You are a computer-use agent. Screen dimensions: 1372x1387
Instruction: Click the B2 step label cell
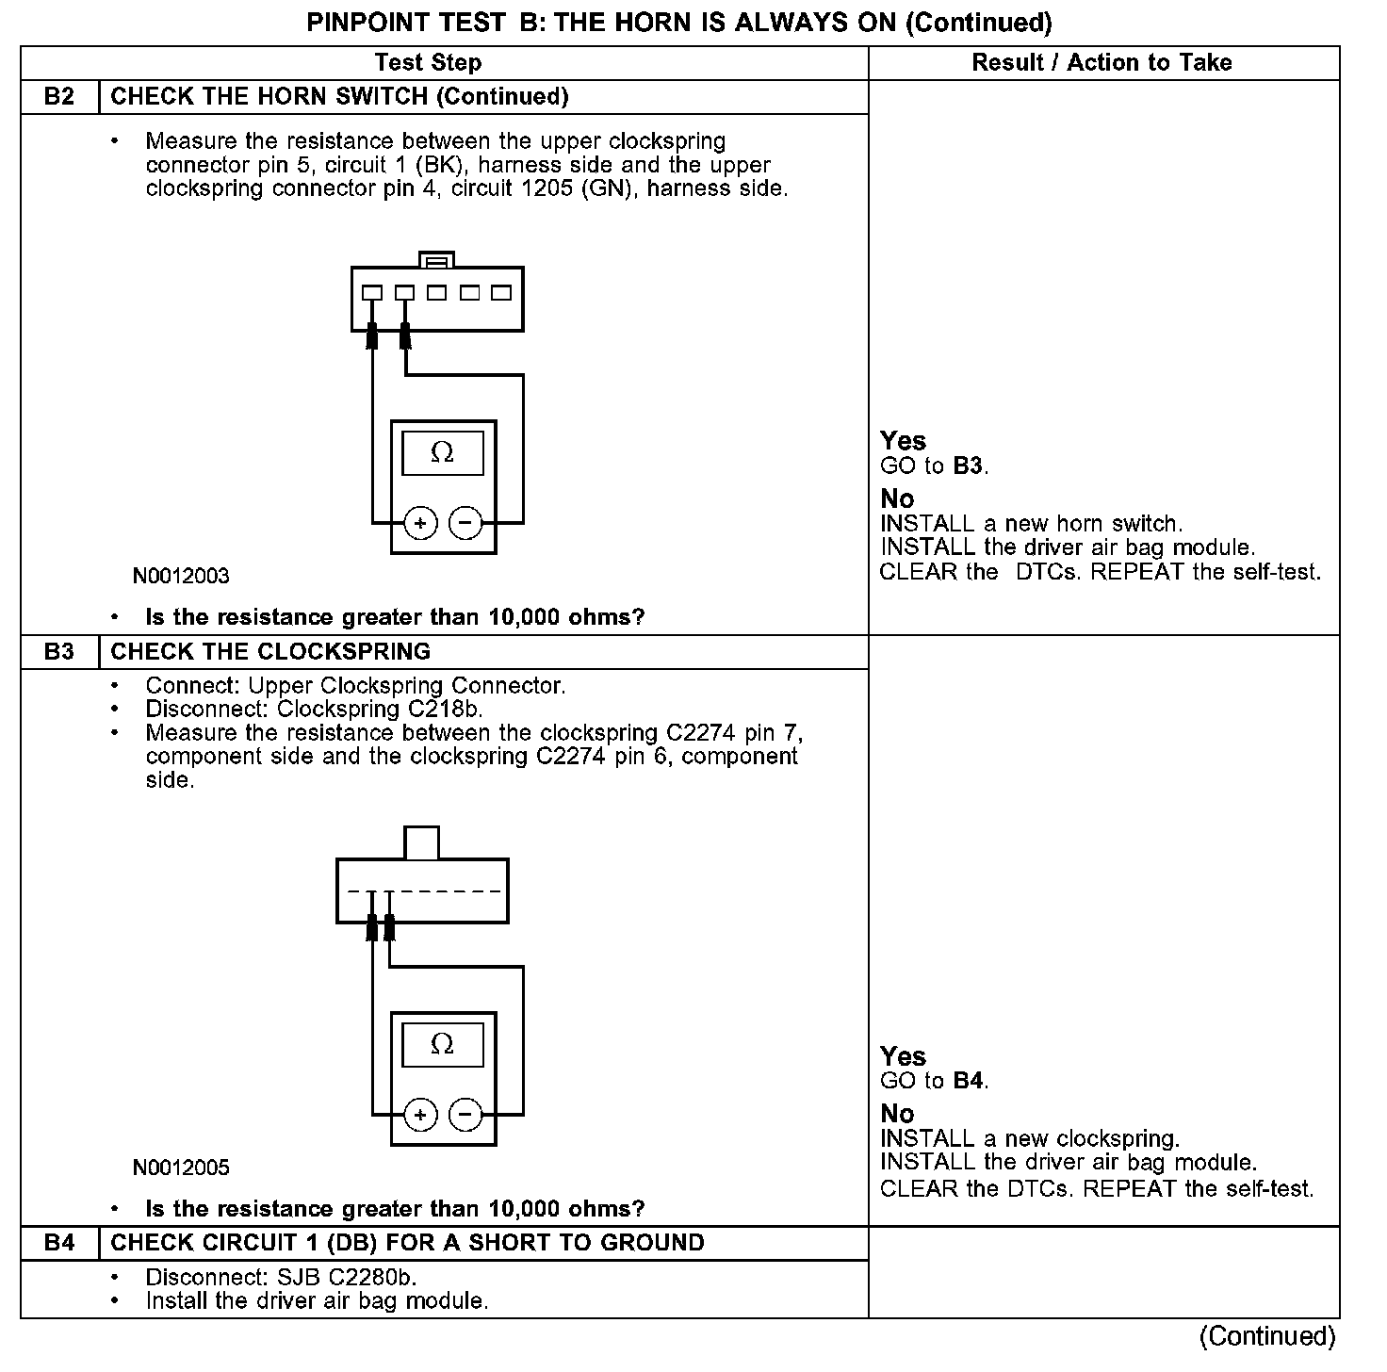click(59, 97)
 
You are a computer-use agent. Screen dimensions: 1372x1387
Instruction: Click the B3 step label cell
click(59, 652)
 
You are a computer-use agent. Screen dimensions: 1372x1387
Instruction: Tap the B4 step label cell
click(59, 1243)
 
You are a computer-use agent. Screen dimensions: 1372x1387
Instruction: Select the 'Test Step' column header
click(428, 63)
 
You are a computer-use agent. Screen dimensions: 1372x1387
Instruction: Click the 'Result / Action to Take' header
click(1101, 63)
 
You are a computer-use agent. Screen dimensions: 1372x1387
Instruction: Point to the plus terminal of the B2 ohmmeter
click(420, 523)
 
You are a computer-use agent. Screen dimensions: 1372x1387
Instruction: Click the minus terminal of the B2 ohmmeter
click(465, 523)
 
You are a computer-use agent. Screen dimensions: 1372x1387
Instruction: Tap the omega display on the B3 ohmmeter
click(442, 1045)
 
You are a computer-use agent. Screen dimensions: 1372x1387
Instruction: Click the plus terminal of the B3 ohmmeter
click(420, 1116)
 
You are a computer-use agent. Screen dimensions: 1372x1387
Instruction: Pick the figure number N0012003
click(181, 576)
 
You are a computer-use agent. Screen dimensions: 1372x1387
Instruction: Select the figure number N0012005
click(181, 1168)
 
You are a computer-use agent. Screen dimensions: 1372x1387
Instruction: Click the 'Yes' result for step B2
click(903, 441)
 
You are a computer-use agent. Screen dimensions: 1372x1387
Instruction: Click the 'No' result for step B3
click(897, 1114)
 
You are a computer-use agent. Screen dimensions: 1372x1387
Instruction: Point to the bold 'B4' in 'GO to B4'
click(969, 1081)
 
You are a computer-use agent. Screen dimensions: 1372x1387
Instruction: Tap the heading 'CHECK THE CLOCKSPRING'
click(270, 652)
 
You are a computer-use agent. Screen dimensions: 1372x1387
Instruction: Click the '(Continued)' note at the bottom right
click(1267, 1336)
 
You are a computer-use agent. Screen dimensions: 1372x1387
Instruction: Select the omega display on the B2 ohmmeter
click(442, 453)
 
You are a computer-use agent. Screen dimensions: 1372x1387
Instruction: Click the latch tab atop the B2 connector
click(436, 259)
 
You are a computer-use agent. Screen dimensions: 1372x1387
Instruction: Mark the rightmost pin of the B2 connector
click(501, 293)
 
